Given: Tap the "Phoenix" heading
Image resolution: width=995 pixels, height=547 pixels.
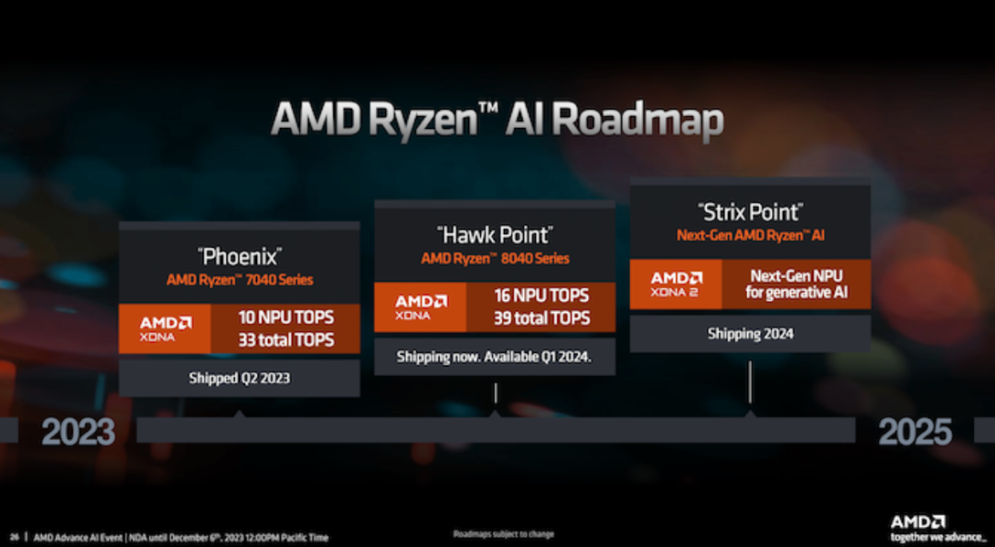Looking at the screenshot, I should (x=240, y=255).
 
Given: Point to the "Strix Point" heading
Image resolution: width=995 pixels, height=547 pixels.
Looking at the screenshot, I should (x=750, y=212).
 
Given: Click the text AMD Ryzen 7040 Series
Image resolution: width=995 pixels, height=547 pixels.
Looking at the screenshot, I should (x=240, y=279).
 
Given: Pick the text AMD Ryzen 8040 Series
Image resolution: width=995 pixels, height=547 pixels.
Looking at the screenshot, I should (x=495, y=258).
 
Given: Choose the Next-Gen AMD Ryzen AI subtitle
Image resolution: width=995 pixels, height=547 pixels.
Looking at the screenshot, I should (x=750, y=236).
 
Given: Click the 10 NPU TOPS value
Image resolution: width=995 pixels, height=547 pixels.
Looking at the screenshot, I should (x=286, y=318).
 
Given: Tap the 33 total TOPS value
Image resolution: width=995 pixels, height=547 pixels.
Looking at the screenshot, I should (x=286, y=340).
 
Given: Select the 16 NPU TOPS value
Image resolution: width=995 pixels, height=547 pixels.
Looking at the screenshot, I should (x=541, y=297).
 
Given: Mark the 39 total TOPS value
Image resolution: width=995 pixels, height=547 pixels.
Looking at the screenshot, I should (x=541, y=319).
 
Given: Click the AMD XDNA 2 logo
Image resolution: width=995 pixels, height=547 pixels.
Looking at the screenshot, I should (x=676, y=284).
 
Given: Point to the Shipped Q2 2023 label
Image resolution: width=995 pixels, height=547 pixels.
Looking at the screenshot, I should (x=239, y=378).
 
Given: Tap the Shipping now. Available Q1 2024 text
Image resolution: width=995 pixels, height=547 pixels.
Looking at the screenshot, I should (x=494, y=356).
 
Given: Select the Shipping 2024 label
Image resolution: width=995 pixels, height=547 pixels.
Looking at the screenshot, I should (x=750, y=333).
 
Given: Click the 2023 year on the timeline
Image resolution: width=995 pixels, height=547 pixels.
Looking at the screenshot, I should (x=78, y=431).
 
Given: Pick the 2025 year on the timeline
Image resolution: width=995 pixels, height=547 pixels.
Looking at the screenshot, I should (x=915, y=431).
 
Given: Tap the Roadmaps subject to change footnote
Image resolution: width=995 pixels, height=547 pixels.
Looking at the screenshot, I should (x=504, y=534).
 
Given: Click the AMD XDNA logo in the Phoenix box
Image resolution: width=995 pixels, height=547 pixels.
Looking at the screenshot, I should (x=166, y=329).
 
